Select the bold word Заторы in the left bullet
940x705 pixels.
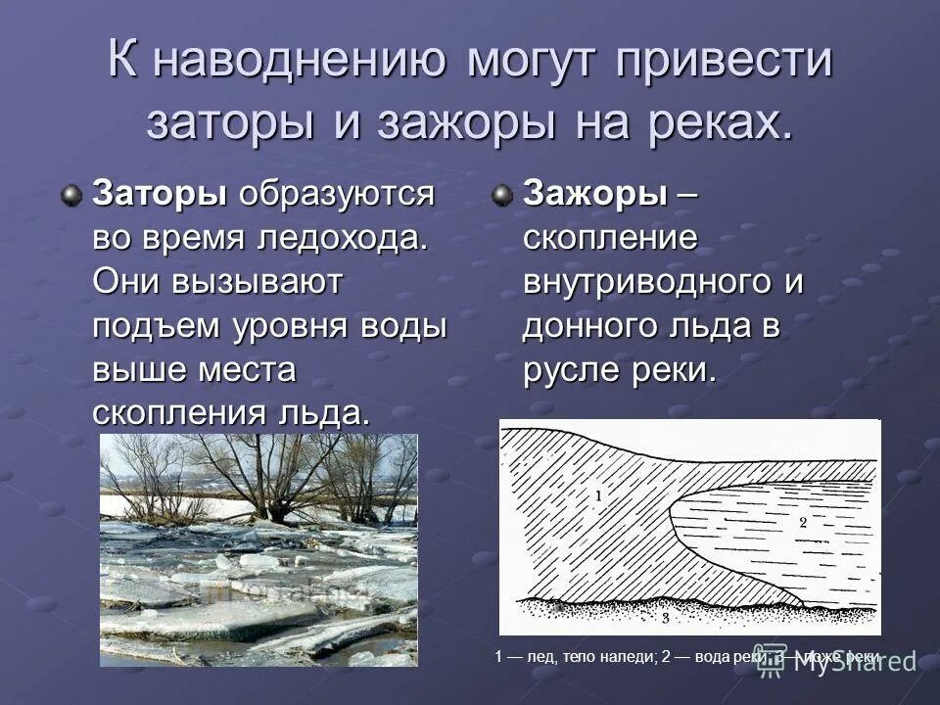tap(156, 194)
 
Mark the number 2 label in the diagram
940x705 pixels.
tap(802, 522)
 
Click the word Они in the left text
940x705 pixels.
tap(124, 282)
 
